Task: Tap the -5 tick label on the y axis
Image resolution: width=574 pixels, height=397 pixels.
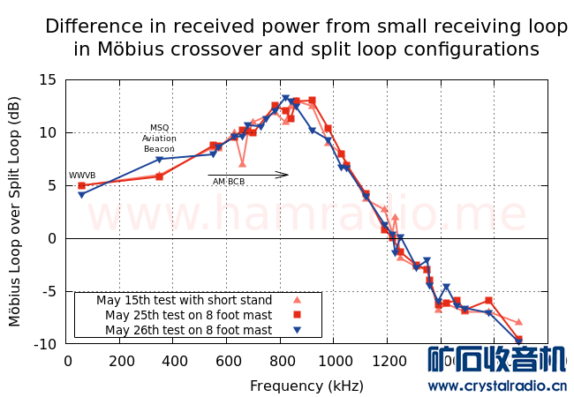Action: point(48,291)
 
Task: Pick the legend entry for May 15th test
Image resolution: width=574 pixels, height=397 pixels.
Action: point(185,300)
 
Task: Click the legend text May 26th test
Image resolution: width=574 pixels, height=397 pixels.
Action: point(188,330)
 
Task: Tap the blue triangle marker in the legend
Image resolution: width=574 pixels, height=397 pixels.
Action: point(298,330)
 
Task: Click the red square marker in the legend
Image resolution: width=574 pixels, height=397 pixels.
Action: point(298,315)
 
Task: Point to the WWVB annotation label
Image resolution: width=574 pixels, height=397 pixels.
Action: point(82,176)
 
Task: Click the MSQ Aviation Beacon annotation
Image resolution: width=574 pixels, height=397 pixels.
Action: point(159,138)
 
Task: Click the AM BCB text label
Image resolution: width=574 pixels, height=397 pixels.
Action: point(229,182)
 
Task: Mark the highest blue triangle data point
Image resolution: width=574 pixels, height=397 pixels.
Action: point(285,99)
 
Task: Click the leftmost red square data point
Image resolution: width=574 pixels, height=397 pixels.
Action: point(81,185)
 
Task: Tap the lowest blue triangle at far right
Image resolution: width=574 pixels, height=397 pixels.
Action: point(519,341)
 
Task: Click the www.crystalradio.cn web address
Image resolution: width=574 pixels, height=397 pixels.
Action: point(497,386)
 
